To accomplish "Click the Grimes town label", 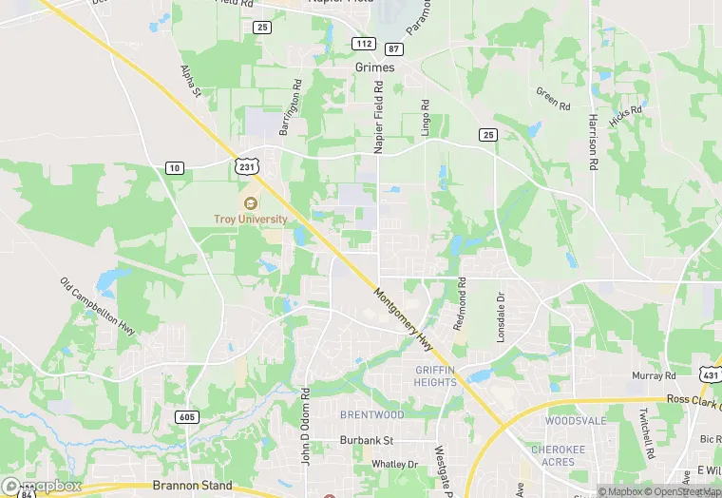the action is click(x=374, y=67).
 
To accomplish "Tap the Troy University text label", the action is click(x=250, y=220).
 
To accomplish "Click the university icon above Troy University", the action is click(x=250, y=203).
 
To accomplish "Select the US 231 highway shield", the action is click(x=247, y=165).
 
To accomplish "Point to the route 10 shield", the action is click(x=174, y=168).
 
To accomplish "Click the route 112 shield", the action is click(x=363, y=44).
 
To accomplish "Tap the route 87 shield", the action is click(x=393, y=48).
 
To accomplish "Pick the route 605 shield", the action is click(x=188, y=416).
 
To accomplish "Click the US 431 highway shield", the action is click(x=711, y=376).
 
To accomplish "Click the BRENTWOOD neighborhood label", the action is click(x=372, y=415).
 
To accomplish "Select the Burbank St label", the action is click(x=367, y=441).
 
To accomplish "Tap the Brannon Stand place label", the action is click(x=193, y=485).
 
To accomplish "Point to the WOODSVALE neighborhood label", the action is click(x=576, y=420).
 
